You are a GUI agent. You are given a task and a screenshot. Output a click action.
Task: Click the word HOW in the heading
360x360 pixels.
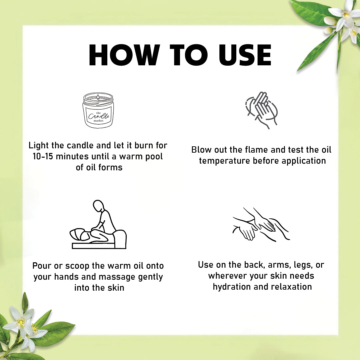pyautogui.click(x=124, y=55)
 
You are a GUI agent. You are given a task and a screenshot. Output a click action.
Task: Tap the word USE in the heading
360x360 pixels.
pyautogui.click(x=245, y=55)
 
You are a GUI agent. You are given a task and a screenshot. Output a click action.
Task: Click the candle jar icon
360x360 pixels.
pyautogui.click(x=98, y=110)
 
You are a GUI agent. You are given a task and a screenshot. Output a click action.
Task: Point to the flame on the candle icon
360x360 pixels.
pyautogui.click(x=98, y=97)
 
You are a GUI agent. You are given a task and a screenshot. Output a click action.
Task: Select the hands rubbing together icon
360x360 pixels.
pyautogui.click(x=262, y=110)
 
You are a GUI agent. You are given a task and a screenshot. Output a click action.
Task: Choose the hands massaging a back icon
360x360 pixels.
pyautogui.click(x=261, y=225)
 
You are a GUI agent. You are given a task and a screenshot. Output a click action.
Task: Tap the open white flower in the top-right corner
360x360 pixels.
pyautogui.click(x=346, y=16)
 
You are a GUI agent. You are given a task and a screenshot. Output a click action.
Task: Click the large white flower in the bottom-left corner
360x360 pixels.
pyautogui.click(x=22, y=323)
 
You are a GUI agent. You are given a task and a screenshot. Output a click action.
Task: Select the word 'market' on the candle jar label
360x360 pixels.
pyautogui.click(x=98, y=121)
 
